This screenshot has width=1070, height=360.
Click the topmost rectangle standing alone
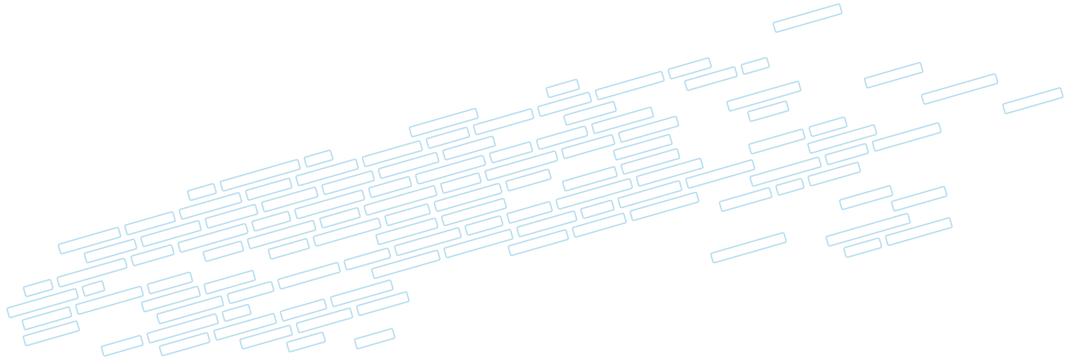coord(807,18)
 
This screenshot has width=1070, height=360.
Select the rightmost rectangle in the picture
coord(1033,101)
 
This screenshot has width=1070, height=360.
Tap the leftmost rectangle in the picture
coord(42,302)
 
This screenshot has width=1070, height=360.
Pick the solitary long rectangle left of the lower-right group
coord(748,247)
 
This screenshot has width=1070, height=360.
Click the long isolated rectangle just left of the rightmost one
coord(959,89)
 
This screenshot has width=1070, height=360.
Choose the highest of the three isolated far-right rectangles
coord(893,75)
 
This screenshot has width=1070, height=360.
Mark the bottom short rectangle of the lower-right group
coord(863,247)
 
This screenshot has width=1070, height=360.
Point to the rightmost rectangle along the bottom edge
coord(374,339)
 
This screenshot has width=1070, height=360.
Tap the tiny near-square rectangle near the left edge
coord(93,288)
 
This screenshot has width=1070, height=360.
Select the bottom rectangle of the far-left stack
coord(51,333)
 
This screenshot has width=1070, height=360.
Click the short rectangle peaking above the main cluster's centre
coord(562,88)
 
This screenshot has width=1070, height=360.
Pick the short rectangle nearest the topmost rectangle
coord(755,65)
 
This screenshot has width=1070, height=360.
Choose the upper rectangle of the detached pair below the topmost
coord(763,96)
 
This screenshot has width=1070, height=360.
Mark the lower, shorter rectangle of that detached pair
coord(768,111)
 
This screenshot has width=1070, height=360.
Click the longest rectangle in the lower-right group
coord(867,229)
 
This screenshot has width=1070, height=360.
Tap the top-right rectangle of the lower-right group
coord(919,199)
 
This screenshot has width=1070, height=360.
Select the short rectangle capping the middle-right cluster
coord(827,127)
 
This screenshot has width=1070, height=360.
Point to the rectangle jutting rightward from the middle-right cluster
coord(907,137)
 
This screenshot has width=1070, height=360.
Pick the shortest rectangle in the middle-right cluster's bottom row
coord(790,187)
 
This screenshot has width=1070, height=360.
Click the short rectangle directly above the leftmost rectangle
coord(38,288)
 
